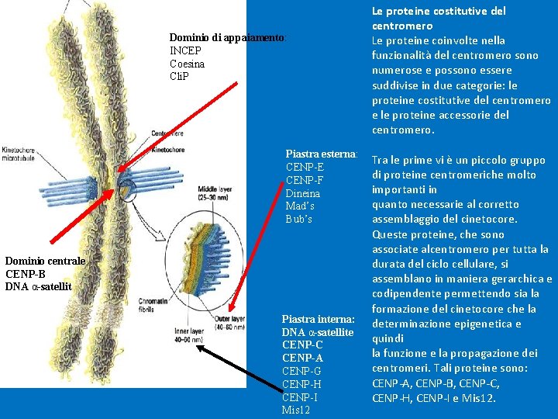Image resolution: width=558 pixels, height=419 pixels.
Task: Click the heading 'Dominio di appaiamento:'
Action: click(227, 37)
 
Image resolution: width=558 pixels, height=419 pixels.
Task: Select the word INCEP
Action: click(185, 50)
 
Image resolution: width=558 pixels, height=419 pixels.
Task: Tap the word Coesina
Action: click(188, 64)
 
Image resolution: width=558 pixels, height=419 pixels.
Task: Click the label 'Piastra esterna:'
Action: click(321, 154)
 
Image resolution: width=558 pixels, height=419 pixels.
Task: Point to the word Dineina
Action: click(303, 193)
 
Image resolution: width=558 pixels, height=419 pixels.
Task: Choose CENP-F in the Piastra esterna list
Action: click(305, 180)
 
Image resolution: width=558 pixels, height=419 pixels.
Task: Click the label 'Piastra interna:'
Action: click(318, 319)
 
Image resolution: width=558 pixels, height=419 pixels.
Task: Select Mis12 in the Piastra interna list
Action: click(296, 410)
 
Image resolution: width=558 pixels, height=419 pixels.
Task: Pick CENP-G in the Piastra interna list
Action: click(302, 371)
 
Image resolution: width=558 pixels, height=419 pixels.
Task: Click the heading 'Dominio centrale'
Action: click(45, 261)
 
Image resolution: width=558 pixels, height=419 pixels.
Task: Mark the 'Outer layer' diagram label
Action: click(229, 322)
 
